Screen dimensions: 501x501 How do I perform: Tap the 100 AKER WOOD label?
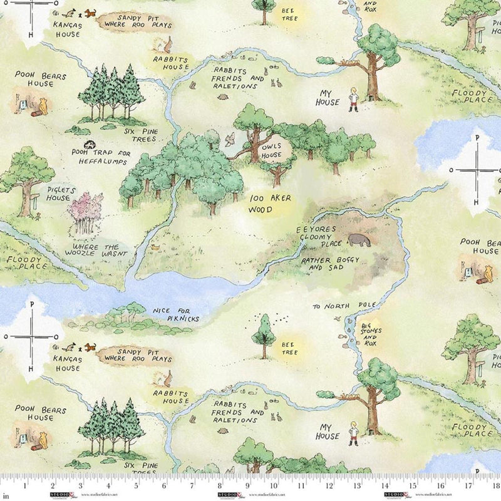pos(271,204)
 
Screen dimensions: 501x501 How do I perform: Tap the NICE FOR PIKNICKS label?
pos(175,314)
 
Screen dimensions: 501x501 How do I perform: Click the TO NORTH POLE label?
pos(345,306)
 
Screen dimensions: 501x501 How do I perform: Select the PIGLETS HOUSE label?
pos(58,192)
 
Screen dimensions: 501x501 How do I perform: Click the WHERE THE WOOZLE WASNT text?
pos(96,250)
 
